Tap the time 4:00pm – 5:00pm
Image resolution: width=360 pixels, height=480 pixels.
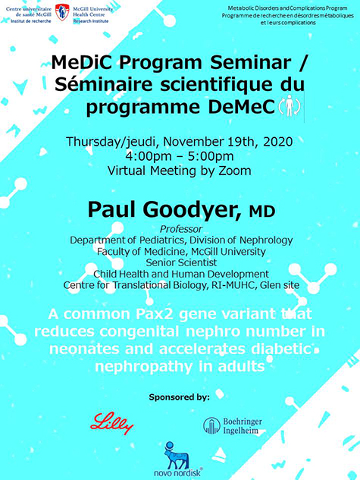click(x=180, y=155)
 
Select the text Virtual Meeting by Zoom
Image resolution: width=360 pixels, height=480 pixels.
click(x=180, y=171)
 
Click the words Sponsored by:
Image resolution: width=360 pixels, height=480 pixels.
click(x=180, y=396)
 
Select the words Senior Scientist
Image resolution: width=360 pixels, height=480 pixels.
click(x=180, y=262)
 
